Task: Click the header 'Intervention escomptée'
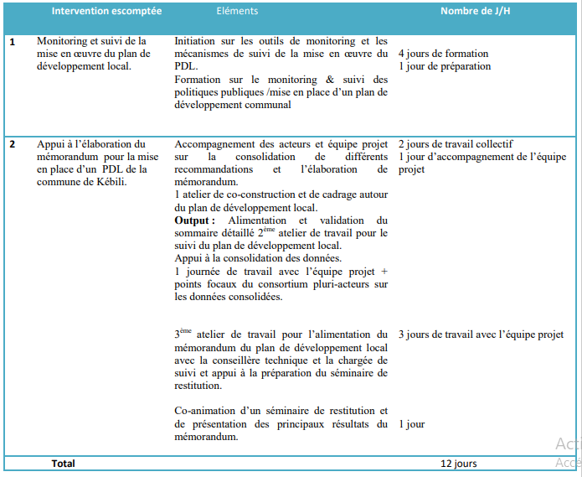click(106, 12)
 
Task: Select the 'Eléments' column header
click(237, 12)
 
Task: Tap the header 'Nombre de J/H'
click(476, 12)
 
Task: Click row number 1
click(13, 40)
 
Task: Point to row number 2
click(13, 143)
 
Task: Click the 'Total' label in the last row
click(63, 463)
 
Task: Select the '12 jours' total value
click(459, 463)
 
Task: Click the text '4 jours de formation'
click(444, 54)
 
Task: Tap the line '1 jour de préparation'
click(445, 66)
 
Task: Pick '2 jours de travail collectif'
click(456, 143)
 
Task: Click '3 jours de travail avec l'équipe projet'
click(481, 334)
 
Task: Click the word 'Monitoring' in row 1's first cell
click(64, 40)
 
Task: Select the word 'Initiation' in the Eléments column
click(197, 40)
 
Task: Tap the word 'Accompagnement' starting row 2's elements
click(214, 143)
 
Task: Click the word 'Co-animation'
click(204, 411)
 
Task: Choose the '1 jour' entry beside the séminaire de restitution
click(411, 424)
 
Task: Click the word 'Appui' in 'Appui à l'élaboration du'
click(51, 143)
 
